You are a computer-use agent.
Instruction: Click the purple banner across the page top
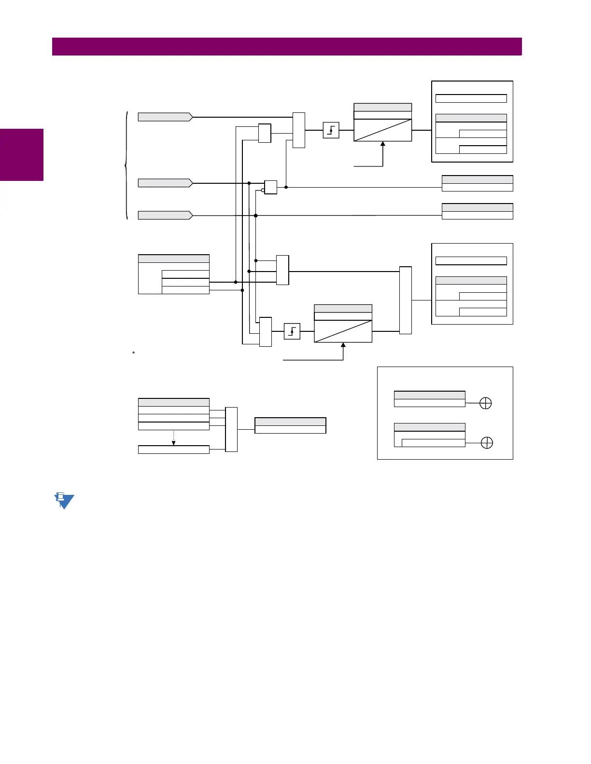coord(287,47)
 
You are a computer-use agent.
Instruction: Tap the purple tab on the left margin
coord(22,154)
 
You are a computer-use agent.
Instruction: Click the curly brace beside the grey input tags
coord(127,165)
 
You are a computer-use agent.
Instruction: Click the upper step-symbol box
coord(331,130)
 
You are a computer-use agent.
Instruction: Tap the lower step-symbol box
coord(292,331)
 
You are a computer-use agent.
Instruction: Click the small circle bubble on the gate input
coord(263,191)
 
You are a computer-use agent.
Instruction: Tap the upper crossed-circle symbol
coord(485,403)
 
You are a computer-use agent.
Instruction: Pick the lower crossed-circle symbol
coord(487,443)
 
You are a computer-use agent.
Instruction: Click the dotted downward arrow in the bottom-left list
coord(173,437)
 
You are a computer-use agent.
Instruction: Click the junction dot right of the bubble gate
coord(286,187)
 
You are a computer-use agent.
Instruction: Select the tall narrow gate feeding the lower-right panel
coord(406,300)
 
